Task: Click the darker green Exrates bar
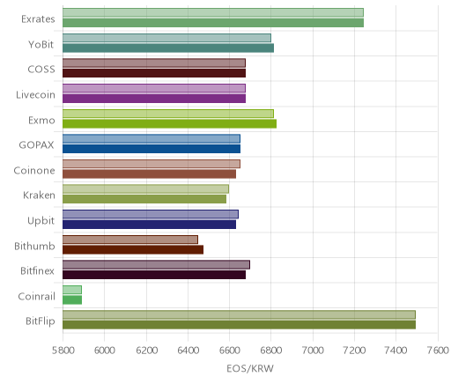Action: coord(213,23)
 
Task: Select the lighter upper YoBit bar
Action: coord(166,38)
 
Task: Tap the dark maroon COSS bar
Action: coord(154,73)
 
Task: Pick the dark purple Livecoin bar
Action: coord(154,99)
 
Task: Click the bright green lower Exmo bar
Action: coord(169,124)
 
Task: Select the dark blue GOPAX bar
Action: coord(152,149)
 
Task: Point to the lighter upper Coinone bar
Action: coord(152,164)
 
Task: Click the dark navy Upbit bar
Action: coord(149,225)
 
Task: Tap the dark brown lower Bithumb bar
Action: coord(133,250)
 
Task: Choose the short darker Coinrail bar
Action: coord(72,300)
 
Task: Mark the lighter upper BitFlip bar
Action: coord(239,314)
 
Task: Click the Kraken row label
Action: coord(39,196)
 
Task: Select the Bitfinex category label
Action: coord(37,270)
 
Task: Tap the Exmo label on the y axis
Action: coord(41,121)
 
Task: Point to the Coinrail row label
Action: coord(36,296)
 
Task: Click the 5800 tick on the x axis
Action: coord(63,351)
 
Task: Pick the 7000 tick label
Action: coord(313,351)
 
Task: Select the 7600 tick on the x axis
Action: coord(438,351)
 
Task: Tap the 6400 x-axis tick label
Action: coord(188,351)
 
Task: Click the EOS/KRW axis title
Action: coord(250,368)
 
